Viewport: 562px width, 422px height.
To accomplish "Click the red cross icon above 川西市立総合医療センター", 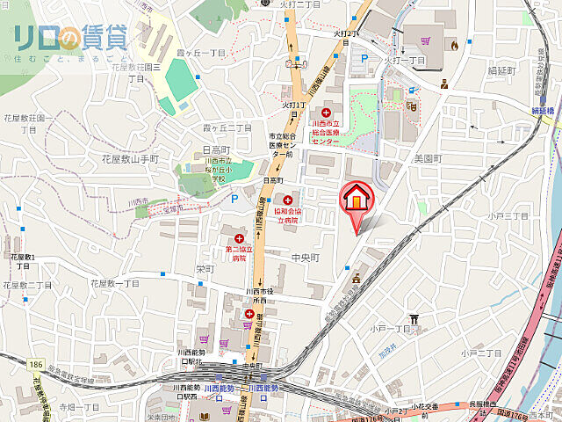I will [327, 113].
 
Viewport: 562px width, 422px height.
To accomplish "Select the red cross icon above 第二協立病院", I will [238, 238].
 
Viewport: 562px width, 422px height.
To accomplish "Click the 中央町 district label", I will [306, 258].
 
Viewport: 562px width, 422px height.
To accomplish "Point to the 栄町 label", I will [205, 269].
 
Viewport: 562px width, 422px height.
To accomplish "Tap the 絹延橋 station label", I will [544, 111].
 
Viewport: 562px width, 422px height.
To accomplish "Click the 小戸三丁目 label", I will [509, 215].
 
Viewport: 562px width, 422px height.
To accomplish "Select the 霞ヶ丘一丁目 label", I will [193, 55].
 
